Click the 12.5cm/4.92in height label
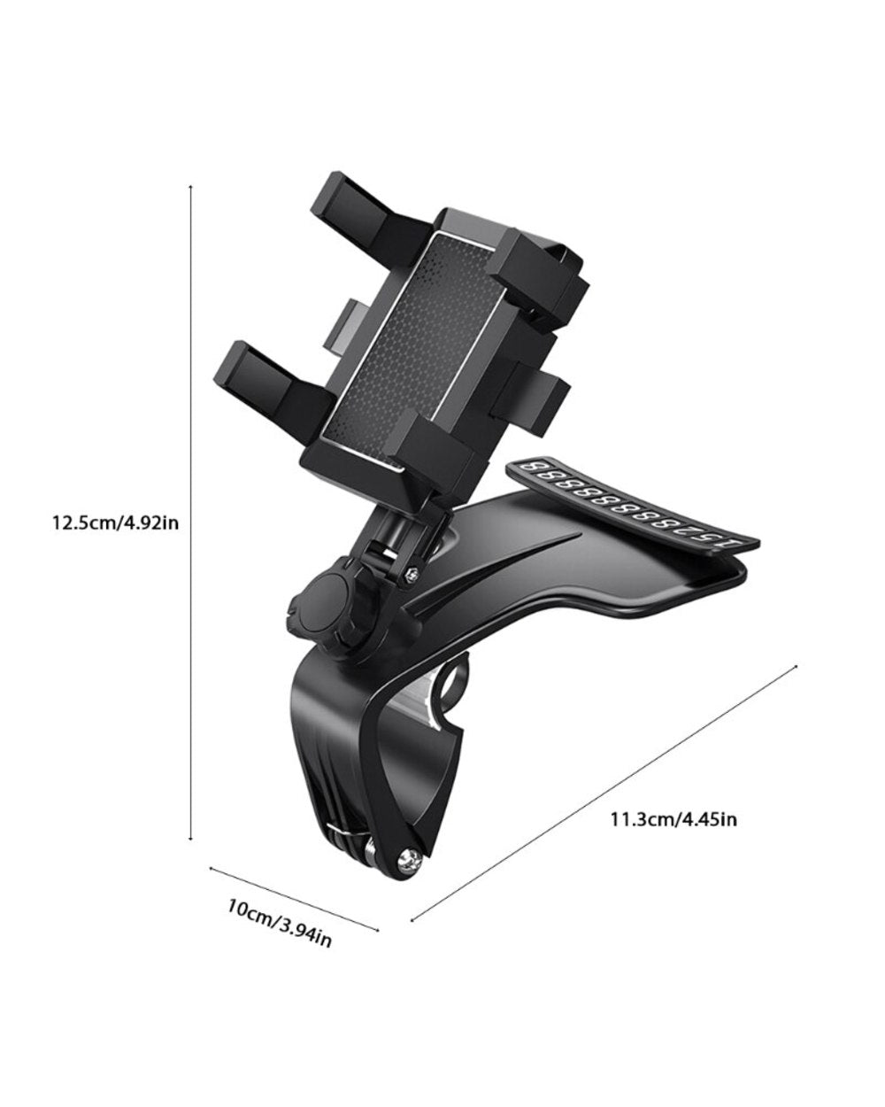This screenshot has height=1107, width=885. tap(115, 523)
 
